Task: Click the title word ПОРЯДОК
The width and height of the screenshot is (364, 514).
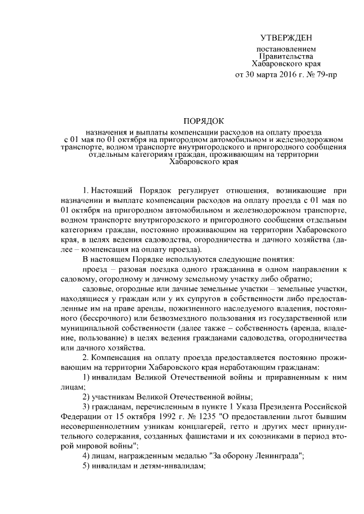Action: pyautogui.click(x=204, y=120)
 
